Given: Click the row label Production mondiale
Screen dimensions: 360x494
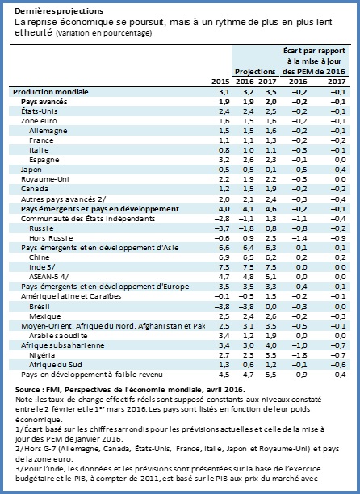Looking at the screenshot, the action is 51,92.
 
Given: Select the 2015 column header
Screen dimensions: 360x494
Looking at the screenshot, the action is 220,82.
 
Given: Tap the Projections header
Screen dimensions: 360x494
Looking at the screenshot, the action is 255,72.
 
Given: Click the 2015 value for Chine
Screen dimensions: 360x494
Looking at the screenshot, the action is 224,257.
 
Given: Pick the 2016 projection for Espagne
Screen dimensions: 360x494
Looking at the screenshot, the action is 248,160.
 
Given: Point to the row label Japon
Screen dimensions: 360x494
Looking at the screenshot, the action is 31,170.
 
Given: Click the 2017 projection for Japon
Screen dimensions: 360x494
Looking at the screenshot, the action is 269,170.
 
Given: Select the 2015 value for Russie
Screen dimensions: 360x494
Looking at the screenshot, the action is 222,228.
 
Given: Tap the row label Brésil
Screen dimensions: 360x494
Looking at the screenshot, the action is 40,307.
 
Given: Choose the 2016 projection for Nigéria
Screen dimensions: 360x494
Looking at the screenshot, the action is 248,355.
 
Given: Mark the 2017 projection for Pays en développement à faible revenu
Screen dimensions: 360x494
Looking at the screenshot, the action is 271,375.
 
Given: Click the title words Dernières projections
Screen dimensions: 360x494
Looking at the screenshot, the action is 59,11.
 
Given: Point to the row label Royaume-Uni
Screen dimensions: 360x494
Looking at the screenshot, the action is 44,179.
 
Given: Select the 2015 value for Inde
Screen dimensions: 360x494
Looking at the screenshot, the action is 224,267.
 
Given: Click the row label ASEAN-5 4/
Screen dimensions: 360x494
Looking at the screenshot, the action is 48,277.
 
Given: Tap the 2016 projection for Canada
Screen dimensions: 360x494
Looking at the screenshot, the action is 248,189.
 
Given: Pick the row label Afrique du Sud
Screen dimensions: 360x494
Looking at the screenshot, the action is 56,365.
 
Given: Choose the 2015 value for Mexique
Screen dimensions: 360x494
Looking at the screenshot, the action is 224,316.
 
